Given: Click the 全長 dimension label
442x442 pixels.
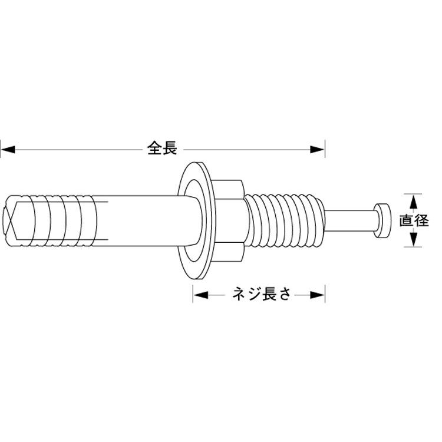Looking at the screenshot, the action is [x=162, y=148].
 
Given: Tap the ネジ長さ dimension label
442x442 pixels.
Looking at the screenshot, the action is [x=261, y=294].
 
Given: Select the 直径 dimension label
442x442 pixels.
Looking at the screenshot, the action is [x=414, y=220].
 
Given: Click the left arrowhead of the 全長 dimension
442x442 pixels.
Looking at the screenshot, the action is [x=8, y=150].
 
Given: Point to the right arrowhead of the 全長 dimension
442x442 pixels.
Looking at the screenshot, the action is [x=318, y=150].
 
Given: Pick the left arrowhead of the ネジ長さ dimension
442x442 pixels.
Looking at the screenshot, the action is [x=201, y=295].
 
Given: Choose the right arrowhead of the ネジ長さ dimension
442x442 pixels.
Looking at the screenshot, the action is [x=318, y=295].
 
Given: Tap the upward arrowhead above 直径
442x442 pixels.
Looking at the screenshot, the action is [x=413, y=202].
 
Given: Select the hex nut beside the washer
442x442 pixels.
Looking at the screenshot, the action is [x=229, y=221].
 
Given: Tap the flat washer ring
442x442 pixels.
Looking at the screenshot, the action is [x=195, y=221].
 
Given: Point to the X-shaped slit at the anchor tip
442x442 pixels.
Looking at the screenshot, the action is [x=9, y=220].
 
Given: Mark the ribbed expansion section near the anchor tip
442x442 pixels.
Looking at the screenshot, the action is [x=51, y=221].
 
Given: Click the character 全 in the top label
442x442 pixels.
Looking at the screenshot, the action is [x=154, y=148].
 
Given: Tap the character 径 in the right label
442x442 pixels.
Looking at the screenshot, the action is [x=421, y=220].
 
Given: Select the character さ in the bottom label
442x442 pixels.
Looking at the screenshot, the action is [x=284, y=294].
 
